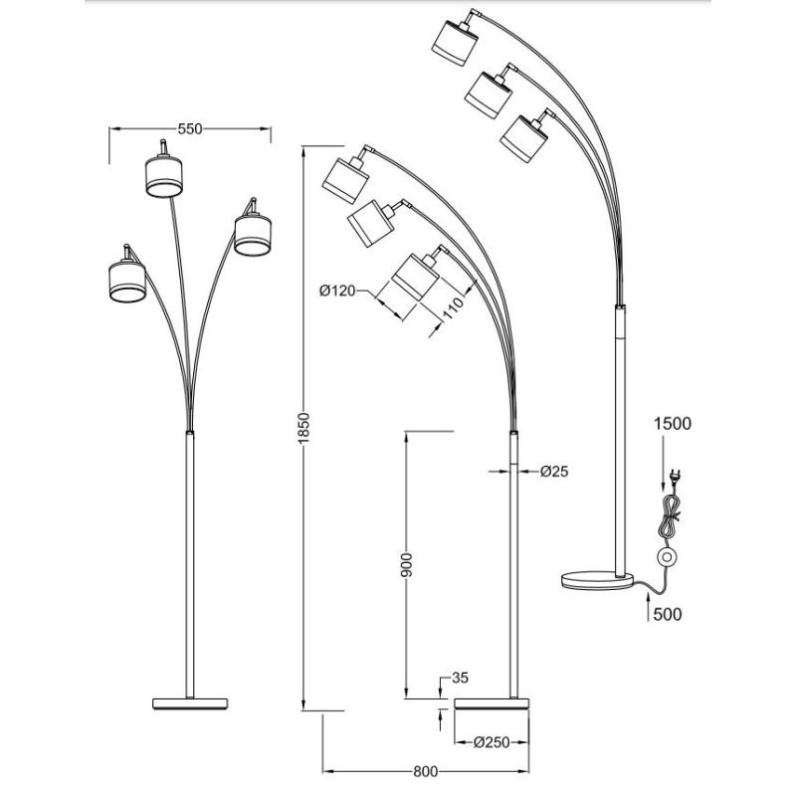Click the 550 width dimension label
click(189, 128)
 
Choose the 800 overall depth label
click(425, 770)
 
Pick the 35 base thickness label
click(459, 681)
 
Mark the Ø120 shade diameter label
click(338, 291)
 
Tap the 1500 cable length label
click(672, 423)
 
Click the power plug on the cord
click(674, 477)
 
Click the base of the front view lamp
click(188, 702)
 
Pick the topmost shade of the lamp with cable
click(454, 39)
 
